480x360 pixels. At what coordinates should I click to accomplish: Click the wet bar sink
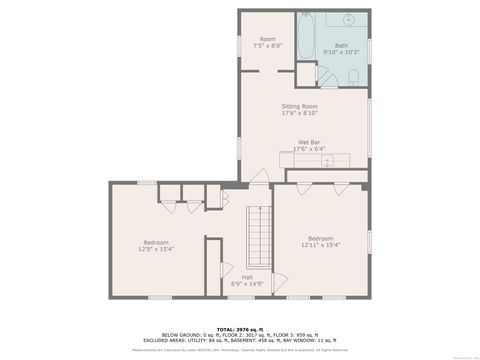(x=327, y=160)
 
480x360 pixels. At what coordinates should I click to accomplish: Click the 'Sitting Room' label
(x=299, y=106)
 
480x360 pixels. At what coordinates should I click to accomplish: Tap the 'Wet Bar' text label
(x=308, y=142)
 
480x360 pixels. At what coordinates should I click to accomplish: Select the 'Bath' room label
(x=341, y=45)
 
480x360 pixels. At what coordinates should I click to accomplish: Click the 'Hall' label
(x=246, y=277)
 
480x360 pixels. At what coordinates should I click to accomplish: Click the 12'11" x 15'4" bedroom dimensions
(x=320, y=244)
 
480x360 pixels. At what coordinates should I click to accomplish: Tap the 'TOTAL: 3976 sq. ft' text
(x=240, y=328)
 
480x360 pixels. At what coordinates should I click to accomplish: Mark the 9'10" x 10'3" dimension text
(x=341, y=51)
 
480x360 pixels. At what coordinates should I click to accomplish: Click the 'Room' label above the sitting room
(x=267, y=39)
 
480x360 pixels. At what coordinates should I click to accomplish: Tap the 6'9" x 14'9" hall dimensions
(x=246, y=284)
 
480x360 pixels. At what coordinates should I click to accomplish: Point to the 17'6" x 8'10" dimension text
(x=299, y=113)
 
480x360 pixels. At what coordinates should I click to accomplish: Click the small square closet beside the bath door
(x=304, y=76)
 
